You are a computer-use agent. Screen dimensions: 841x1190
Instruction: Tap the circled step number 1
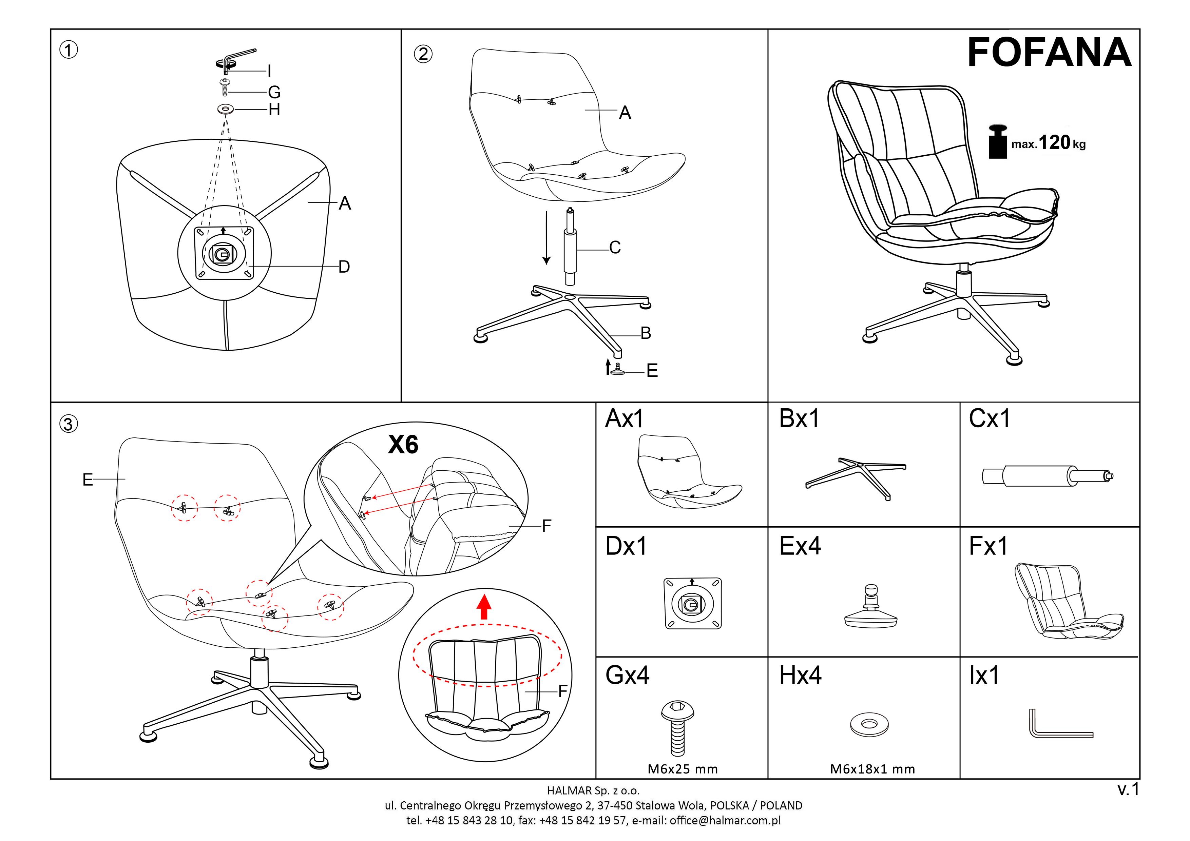[x=69, y=50]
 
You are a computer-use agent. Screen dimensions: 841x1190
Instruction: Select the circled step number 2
[x=423, y=54]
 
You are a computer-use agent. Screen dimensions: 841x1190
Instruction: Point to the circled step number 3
[x=69, y=424]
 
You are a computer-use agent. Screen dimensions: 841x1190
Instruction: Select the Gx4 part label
[x=627, y=675]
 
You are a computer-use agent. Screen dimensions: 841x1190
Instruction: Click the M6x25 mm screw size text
[x=683, y=769]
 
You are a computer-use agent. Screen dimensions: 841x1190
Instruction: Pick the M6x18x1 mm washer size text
[x=872, y=769]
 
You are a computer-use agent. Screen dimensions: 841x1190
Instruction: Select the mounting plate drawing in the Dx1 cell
[x=692, y=603]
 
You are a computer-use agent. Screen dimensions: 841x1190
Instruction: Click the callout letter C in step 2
[x=615, y=248]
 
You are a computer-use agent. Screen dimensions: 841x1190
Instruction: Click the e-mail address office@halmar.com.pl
[x=725, y=820]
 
